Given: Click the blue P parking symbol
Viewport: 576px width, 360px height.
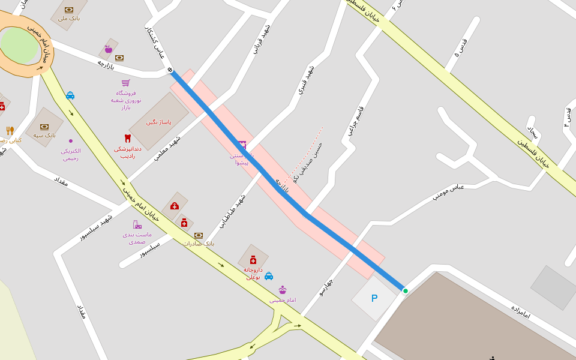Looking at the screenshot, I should pos(374,298).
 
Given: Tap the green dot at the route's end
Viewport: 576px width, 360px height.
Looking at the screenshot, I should pos(406,291).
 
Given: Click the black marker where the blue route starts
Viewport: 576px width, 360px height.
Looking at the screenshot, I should pos(170,70).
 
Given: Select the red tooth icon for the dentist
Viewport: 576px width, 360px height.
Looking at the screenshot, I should pos(127,138).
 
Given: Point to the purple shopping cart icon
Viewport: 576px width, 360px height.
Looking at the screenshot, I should pos(126,83).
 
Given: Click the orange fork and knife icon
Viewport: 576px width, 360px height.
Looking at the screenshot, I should pos(10,130).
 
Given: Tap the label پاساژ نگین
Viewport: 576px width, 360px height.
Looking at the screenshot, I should pos(159,122).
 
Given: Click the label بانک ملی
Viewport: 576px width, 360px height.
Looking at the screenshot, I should pos(69,19).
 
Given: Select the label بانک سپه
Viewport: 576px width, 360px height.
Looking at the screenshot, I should pos(44,136).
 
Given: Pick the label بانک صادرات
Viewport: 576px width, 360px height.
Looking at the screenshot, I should pos(199,244).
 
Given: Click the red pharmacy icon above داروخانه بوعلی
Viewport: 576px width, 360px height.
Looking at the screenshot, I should pos(253,260).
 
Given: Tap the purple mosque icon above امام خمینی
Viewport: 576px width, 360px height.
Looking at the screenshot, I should pos(282,290).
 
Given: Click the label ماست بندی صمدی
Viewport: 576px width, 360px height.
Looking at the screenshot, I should pos(137,238).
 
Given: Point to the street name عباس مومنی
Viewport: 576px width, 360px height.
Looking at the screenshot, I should pos(448,191).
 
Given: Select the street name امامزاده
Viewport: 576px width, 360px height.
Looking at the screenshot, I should pos(521,311).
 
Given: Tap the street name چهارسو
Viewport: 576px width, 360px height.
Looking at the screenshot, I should pos(326,287).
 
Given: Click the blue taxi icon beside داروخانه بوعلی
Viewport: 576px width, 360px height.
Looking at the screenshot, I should pos(269,276).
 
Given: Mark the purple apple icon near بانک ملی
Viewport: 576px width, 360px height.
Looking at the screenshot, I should pos(109,49).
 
